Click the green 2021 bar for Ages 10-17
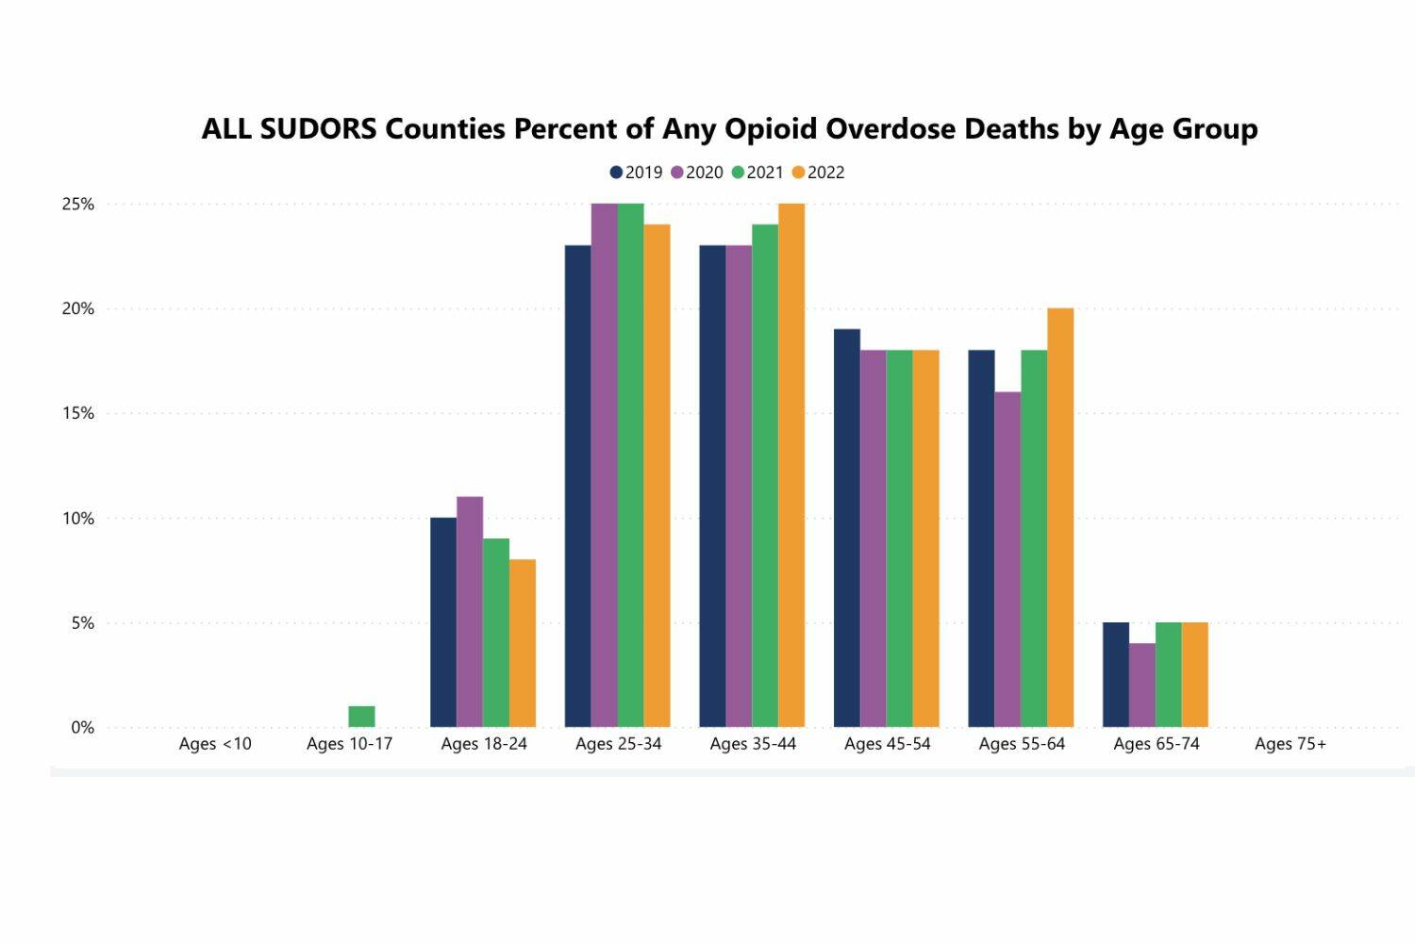[x=361, y=717]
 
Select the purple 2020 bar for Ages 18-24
[x=470, y=612]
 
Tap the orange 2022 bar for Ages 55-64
[x=1060, y=518]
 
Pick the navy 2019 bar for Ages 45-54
[x=847, y=528]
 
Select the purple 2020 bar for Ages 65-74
[x=1142, y=686]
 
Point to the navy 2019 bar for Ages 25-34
[x=578, y=487]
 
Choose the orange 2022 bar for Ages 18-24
[x=523, y=643]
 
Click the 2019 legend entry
[x=637, y=173]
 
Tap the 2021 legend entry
[x=757, y=173]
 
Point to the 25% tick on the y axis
[x=78, y=205]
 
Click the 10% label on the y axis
[x=78, y=519]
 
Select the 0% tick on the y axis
[x=82, y=728]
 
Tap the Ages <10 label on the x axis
[x=215, y=744]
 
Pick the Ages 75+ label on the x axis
[x=1290, y=744]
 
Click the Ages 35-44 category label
[x=753, y=744]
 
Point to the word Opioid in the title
[x=773, y=129]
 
